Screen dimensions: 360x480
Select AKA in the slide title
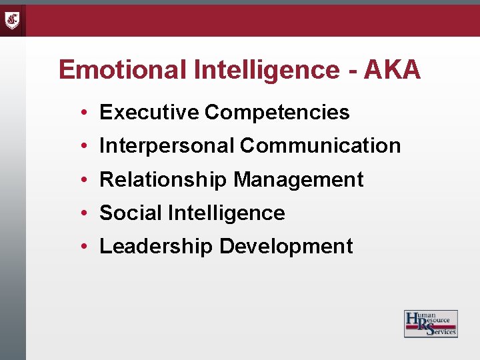point(393,70)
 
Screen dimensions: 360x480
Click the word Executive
point(149,113)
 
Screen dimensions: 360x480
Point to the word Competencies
point(277,113)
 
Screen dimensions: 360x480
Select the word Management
point(299,179)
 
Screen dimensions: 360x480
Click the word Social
point(131,213)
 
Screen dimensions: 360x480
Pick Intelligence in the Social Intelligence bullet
point(227,213)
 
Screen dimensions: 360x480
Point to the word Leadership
point(156,246)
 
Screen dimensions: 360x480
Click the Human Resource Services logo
point(431,323)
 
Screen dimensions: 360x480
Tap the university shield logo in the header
point(13,20)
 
